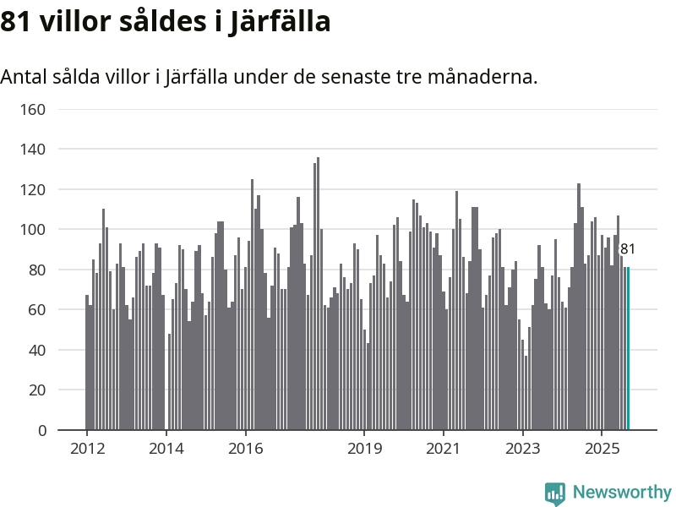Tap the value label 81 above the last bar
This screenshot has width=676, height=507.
coord(628,249)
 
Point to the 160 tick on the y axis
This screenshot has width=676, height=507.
coord(33,109)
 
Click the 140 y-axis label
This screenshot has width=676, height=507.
coord(33,150)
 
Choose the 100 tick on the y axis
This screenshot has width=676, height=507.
coord(33,230)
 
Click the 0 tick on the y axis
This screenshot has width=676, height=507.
coord(41,431)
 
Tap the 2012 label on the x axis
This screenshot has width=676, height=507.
coord(87,448)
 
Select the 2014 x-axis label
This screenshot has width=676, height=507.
coord(166,448)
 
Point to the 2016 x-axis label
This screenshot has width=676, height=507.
coord(245,448)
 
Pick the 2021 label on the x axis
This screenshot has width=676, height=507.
coord(444,448)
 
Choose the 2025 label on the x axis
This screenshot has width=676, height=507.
coord(602,448)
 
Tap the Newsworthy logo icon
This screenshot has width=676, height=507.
coord(555,492)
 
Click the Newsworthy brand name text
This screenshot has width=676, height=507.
coord(622,492)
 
